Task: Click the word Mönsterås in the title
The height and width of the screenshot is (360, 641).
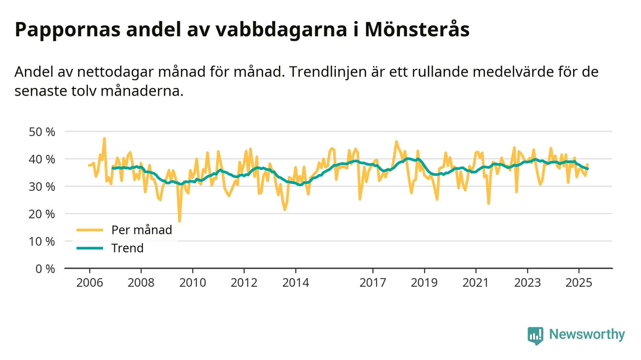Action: pyautogui.click(x=417, y=30)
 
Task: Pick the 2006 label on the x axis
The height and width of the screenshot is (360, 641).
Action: pyautogui.click(x=89, y=282)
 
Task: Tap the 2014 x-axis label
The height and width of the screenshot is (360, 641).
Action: pyautogui.click(x=296, y=282)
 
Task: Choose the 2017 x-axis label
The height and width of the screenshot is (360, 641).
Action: pyautogui.click(x=373, y=282)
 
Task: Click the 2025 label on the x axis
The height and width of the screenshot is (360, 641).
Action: pyautogui.click(x=579, y=282)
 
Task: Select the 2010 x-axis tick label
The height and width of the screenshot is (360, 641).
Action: pyautogui.click(x=193, y=282)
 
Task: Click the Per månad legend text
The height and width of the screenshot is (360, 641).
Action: pyautogui.click(x=142, y=229)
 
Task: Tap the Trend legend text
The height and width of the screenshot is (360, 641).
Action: pyautogui.click(x=127, y=248)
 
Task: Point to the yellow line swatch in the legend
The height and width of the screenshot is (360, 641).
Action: pyautogui.click(x=89, y=230)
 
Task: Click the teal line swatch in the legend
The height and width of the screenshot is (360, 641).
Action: pyautogui.click(x=89, y=248)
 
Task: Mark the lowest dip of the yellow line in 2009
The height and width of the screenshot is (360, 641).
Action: pyautogui.click(x=179, y=221)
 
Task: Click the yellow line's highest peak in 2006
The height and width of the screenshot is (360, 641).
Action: pyautogui.click(x=104, y=139)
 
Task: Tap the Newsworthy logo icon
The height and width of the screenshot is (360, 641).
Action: pyautogui.click(x=535, y=335)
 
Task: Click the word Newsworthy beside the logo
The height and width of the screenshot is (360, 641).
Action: pyautogui.click(x=587, y=335)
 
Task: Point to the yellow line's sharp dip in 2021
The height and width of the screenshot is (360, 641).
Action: pyautogui.click(x=488, y=204)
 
